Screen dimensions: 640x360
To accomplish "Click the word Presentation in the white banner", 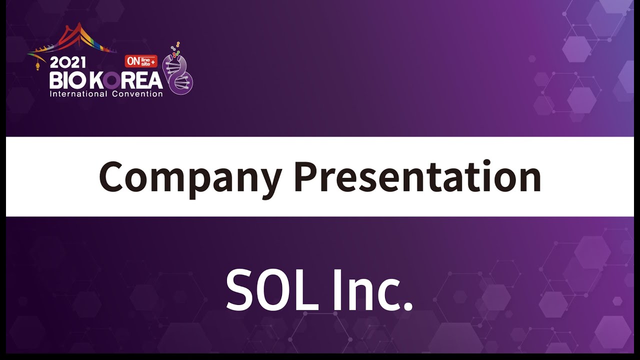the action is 417,176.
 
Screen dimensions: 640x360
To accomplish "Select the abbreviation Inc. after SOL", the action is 373,289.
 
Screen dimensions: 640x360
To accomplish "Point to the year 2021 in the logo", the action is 67,62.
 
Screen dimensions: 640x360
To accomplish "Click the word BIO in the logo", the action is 68,80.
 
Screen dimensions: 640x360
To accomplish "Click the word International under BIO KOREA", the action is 78,94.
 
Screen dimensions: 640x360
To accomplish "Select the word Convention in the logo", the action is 137,94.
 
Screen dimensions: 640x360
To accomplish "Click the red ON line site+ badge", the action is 141,61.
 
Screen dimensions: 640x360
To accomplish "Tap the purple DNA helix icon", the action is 178,75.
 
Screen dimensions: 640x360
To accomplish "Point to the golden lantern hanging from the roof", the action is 37,66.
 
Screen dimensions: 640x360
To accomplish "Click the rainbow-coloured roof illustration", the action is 72,40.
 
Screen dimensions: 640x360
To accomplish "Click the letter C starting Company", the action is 111,177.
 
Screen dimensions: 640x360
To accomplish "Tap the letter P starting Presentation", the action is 306,177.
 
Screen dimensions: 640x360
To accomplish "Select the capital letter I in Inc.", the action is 337,289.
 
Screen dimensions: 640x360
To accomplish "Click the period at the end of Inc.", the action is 408,306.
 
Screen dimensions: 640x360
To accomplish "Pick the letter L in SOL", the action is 308,289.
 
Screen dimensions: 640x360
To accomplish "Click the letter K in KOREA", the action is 95,80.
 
